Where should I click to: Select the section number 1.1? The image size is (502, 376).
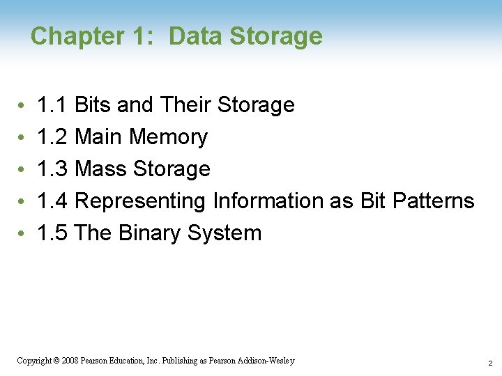pos(52,105)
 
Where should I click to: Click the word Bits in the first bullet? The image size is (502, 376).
pos(93,105)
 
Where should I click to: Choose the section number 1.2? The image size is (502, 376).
pos(52,137)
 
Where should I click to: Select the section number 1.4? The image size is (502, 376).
pos(52,201)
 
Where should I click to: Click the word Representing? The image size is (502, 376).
pos(139,202)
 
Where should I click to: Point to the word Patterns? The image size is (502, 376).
pos(433,201)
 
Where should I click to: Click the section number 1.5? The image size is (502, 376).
pos(52,233)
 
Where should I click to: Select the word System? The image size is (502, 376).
pos(225,234)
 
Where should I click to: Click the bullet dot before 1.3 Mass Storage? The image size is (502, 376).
pos(22,170)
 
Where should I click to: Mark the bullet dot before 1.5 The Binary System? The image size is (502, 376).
pos(22,234)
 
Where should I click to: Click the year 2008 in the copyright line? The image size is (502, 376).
pos(70,361)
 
